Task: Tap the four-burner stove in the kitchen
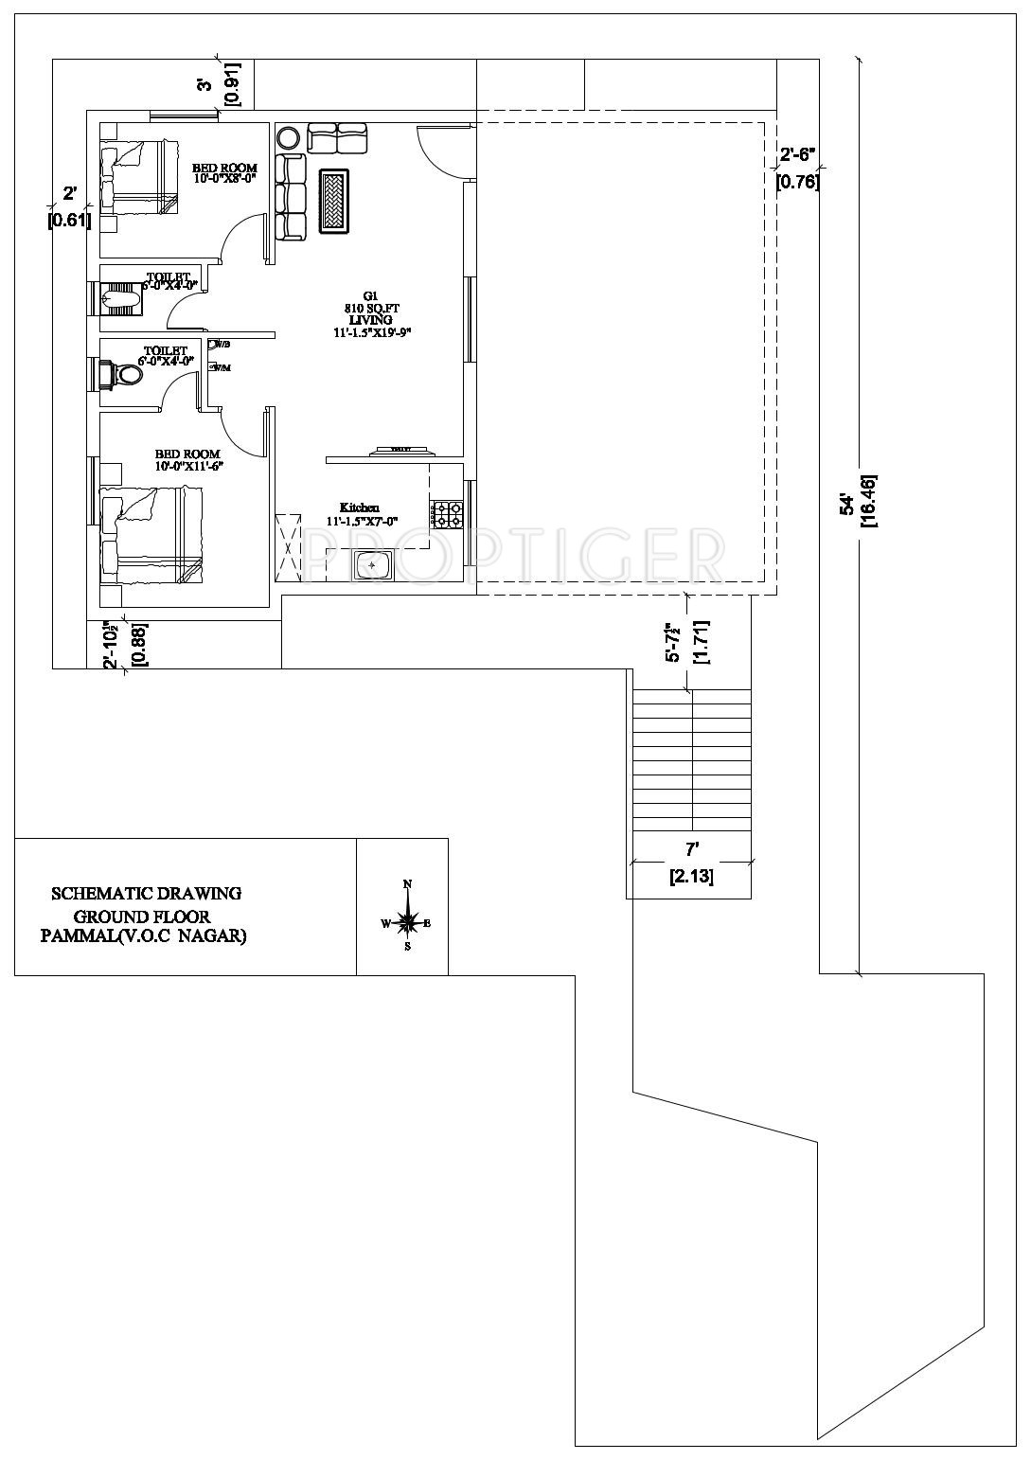pyautogui.click(x=447, y=515)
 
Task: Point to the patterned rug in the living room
pyautogui.click(x=334, y=200)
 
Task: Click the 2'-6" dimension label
pyautogui.click(x=797, y=154)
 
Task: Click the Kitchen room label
pyautogui.click(x=360, y=507)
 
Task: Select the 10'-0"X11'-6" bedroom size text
pyautogui.click(x=189, y=466)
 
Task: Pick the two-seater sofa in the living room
pyautogui.click(x=337, y=138)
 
